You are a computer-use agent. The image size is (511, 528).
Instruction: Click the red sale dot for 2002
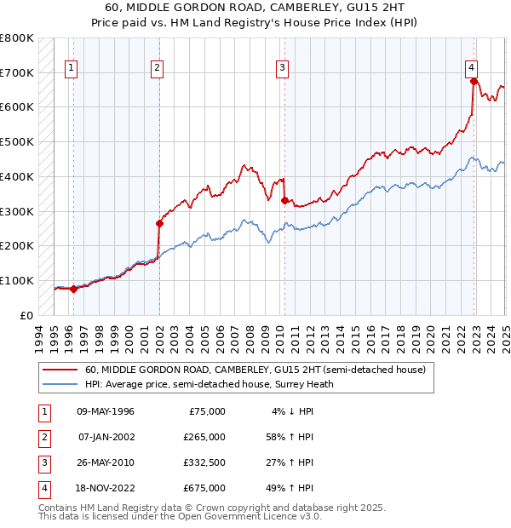(159, 224)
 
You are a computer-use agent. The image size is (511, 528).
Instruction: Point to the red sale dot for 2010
(284, 200)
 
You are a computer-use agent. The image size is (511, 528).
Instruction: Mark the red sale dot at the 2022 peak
(474, 82)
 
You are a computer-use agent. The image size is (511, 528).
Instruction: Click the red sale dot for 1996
(73, 289)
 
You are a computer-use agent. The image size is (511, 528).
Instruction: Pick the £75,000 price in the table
(207, 411)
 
